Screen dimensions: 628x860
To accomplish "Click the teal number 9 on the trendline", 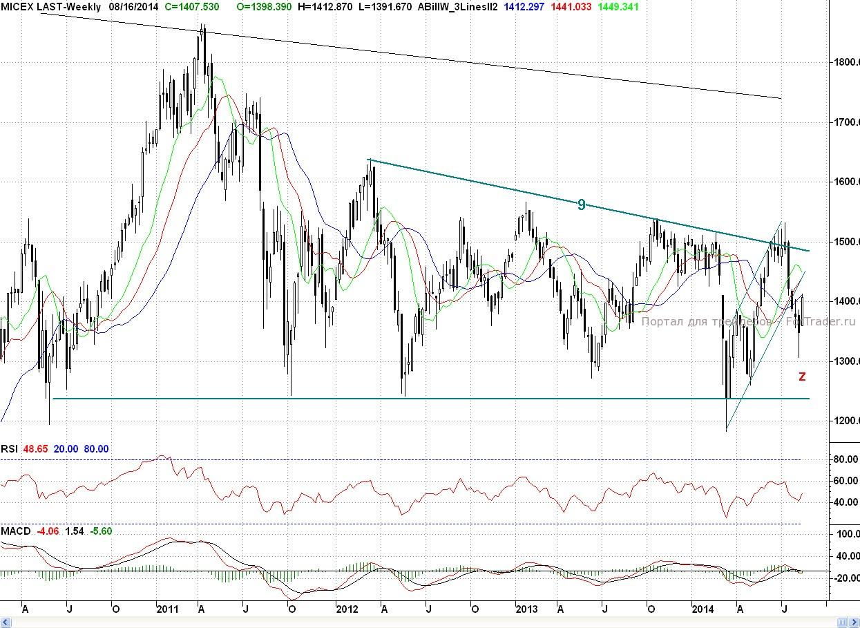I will click(x=582, y=204).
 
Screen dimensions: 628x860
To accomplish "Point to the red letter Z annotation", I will click(x=802, y=377).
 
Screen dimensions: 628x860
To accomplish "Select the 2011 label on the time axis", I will click(x=168, y=609).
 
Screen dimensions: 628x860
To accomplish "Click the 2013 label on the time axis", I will click(x=527, y=609).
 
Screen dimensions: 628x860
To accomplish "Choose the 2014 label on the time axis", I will click(x=704, y=609).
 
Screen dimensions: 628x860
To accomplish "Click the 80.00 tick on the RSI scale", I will click(x=845, y=459).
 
